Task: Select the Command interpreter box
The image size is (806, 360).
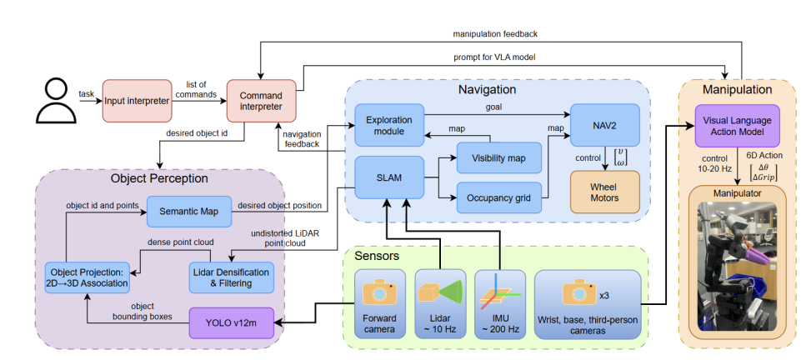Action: click(254, 100)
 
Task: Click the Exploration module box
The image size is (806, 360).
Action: click(389, 126)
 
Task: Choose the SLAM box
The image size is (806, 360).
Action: click(389, 177)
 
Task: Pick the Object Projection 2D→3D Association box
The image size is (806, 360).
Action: click(88, 277)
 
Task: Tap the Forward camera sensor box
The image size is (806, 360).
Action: click(381, 301)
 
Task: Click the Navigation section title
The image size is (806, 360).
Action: click(487, 89)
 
